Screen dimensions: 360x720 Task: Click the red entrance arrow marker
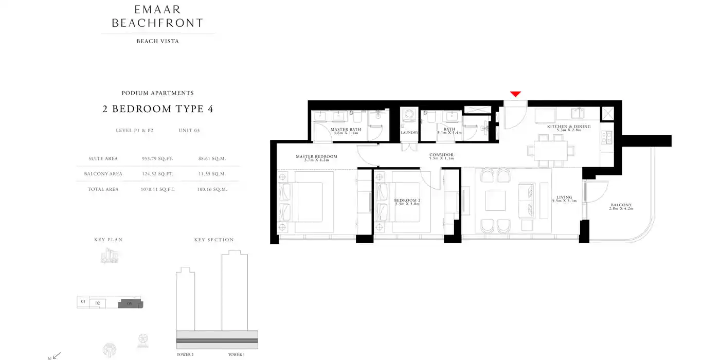point(515,94)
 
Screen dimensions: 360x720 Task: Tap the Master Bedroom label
point(316,156)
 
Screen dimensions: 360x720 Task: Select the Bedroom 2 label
point(407,200)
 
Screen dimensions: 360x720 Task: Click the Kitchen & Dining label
point(568,127)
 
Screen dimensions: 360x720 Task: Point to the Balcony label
point(620,205)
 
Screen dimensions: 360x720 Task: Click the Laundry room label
point(409,133)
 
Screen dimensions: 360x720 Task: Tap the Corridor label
point(441,154)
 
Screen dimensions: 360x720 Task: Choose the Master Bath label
point(346,130)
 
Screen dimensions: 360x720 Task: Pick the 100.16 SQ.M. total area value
point(212,189)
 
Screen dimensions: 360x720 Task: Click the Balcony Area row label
point(103,174)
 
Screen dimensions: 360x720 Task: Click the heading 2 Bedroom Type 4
point(157,109)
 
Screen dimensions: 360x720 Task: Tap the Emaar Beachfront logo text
point(157,16)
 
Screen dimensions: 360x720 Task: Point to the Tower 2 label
point(185,355)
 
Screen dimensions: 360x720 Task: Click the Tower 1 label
point(237,355)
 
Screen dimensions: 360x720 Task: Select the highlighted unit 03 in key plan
point(130,304)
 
